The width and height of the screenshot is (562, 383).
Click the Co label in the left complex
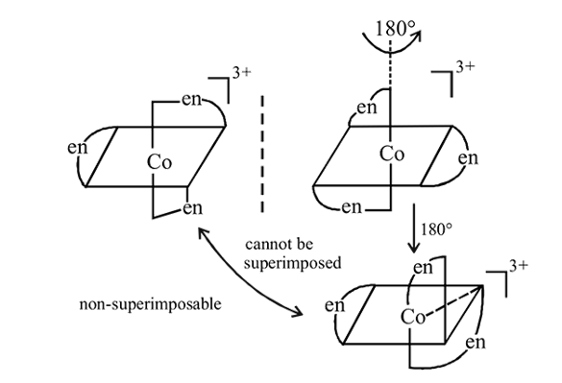pos(159,162)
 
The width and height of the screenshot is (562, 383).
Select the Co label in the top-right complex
pos(392,154)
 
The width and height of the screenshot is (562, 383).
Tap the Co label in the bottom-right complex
pos(413,317)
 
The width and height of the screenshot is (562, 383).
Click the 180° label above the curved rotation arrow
pos(396,28)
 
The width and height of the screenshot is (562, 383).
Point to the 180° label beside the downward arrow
pos(436,229)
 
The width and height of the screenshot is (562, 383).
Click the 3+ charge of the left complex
pos(242,73)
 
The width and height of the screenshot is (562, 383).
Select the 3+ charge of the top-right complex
pos(465,67)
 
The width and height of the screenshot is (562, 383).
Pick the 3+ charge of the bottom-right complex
pos(519,266)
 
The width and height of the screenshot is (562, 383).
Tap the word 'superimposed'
pos(292,263)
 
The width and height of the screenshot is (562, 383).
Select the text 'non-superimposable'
pos(150,304)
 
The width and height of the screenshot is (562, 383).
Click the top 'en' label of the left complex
pos(192,100)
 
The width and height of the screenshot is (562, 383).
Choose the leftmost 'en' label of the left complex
pos(78,148)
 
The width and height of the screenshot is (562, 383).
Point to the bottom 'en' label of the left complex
pos(192,208)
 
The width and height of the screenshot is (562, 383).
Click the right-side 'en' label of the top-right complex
pos(468,158)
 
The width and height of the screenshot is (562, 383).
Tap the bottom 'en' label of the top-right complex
pos(352,207)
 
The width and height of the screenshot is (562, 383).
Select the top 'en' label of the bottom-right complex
pos(423,268)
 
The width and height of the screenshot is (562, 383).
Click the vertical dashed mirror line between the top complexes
pos(262,154)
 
